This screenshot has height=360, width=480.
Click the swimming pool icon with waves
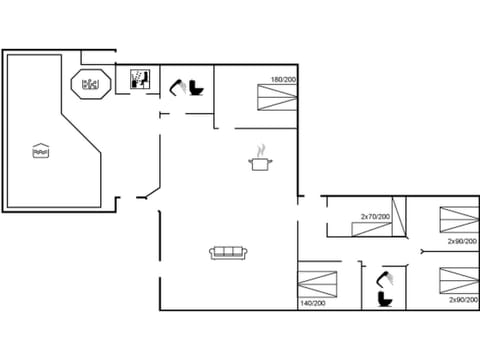pyautogui.click(x=40, y=151)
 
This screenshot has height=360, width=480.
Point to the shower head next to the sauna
pyautogui.click(x=177, y=88)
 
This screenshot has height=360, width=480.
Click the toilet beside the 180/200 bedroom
pyautogui.click(x=196, y=89)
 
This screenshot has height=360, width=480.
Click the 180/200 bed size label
pyautogui.click(x=283, y=79)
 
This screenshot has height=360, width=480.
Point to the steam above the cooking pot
pyautogui.click(x=262, y=151)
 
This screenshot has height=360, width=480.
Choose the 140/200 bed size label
pyautogui.click(x=313, y=303)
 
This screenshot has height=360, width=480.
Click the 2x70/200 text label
pyautogui.click(x=374, y=216)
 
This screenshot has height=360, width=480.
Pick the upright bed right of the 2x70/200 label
pyautogui.click(x=399, y=218)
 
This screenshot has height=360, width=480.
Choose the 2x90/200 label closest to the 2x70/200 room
pyautogui.click(x=462, y=241)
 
